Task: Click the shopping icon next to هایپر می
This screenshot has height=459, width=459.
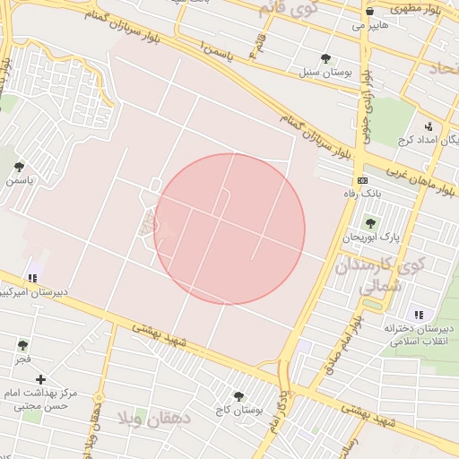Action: [x=370, y=11]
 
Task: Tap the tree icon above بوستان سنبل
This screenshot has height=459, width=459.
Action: [x=325, y=59]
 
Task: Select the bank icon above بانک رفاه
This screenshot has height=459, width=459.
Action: [x=362, y=181]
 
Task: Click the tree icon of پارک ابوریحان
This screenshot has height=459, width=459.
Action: [x=370, y=223]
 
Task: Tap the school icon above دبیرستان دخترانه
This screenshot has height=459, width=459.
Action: [x=419, y=314]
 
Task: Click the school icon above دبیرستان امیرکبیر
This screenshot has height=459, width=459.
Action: [x=33, y=279]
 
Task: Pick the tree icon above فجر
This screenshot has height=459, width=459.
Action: [x=22, y=344]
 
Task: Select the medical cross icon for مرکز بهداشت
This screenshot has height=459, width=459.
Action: [x=40, y=380]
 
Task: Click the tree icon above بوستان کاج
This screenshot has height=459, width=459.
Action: [x=238, y=395]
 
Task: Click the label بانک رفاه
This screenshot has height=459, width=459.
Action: [x=362, y=194]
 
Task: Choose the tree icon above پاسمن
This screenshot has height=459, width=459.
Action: [x=19, y=167]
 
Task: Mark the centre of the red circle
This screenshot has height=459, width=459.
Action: [x=229, y=229]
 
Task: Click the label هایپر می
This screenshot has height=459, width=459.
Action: [x=370, y=26]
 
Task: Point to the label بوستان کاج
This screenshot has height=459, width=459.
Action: [x=238, y=410]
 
